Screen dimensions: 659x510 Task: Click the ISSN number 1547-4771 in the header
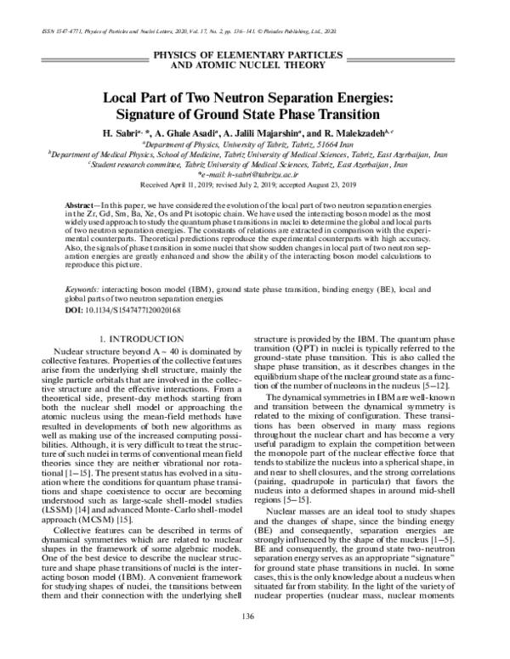point(60,31)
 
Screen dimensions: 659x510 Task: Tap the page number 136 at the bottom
point(255,638)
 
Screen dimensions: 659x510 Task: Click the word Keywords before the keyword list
point(84,288)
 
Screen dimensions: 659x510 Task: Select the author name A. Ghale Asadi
point(188,135)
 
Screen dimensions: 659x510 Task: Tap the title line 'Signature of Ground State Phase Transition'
point(254,114)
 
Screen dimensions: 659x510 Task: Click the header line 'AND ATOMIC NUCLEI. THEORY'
point(255,64)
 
